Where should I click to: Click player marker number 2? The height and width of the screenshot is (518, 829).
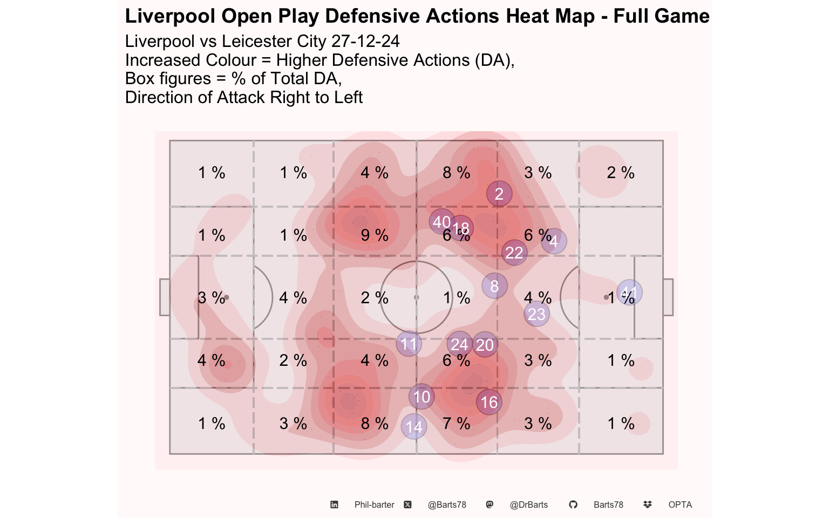(499, 194)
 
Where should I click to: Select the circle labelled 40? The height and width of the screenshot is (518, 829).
(441, 221)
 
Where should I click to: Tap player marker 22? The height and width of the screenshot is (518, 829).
(514, 252)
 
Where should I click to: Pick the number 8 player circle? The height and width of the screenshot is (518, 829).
(494, 286)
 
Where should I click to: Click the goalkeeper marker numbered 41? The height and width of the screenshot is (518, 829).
(629, 293)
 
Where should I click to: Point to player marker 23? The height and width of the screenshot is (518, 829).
(536, 314)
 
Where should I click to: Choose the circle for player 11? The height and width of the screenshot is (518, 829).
(409, 344)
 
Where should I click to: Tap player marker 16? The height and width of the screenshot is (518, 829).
(489, 402)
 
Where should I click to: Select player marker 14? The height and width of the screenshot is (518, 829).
(414, 427)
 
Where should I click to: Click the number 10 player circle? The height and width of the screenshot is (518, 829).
(422, 397)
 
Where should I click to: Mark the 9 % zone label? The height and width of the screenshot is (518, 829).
(375, 235)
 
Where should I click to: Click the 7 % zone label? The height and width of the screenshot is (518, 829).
(456, 424)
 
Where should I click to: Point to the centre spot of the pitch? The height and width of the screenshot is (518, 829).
(416, 297)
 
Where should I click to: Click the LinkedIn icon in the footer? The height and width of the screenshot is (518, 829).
(334, 505)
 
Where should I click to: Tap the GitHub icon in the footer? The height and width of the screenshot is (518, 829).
(573, 505)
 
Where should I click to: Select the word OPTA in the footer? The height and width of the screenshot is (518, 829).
(680, 505)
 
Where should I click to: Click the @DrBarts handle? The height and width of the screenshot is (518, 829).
(528, 505)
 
